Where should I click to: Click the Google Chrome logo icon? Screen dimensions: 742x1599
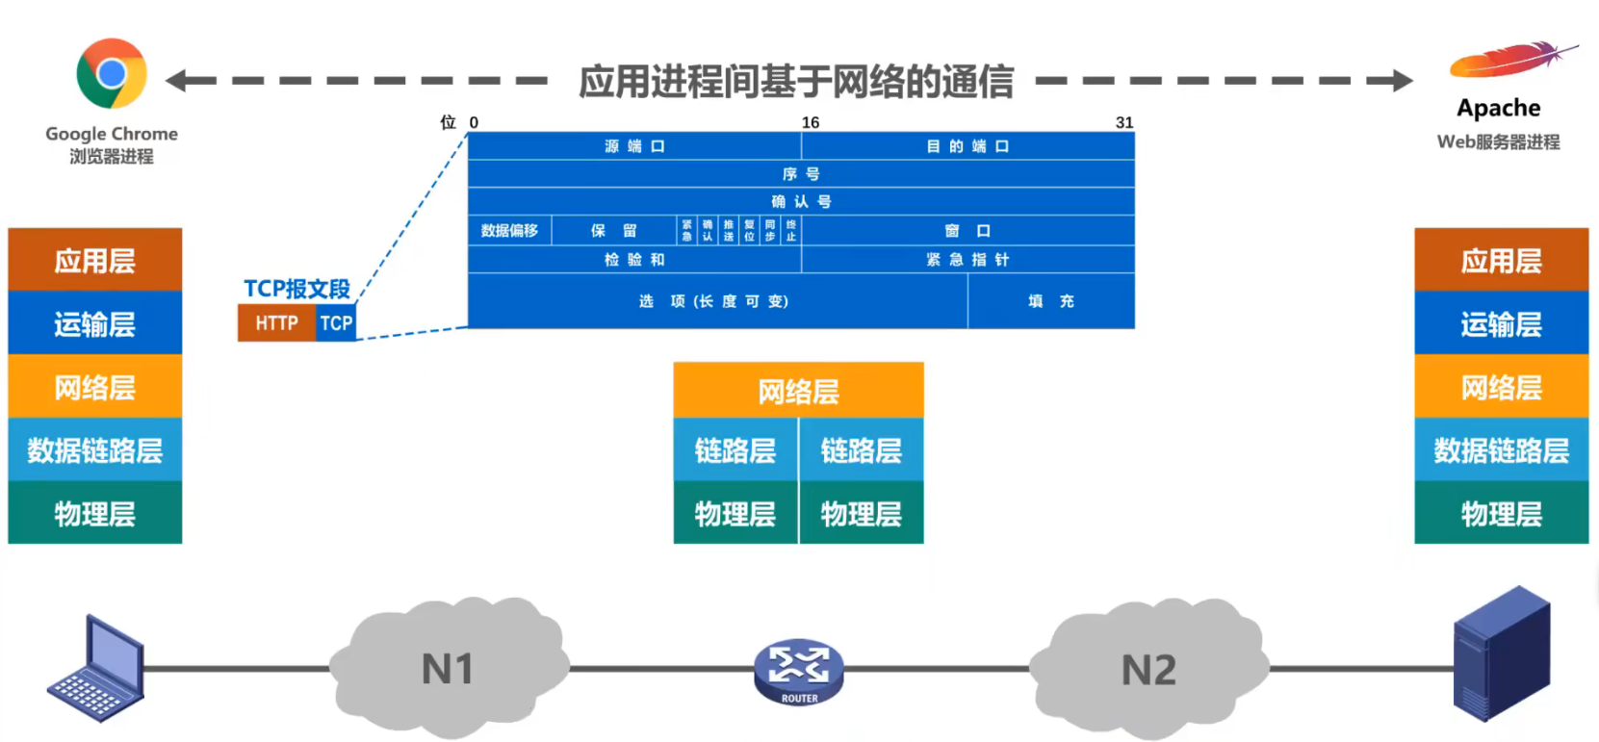(112, 73)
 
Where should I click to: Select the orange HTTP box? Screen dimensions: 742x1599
(276, 323)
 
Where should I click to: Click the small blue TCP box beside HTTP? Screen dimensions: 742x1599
(336, 323)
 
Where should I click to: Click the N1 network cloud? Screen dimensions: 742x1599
(449, 668)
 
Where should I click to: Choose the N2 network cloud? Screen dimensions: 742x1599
(1148, 669)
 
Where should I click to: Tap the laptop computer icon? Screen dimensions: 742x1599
(97, 670)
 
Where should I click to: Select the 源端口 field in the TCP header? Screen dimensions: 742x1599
(634, 146)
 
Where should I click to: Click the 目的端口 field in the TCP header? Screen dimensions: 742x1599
(967, 146)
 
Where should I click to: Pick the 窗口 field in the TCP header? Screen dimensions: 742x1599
(967, 231)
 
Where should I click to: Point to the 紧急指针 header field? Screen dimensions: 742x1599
(967, 260)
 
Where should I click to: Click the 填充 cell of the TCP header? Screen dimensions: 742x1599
(1050, 301)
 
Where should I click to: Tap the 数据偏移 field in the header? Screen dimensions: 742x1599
(509, 231)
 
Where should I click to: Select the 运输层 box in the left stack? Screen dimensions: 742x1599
(94, 324)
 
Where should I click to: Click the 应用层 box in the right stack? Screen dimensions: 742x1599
(1501, 261)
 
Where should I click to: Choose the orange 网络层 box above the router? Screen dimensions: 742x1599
(798, 392)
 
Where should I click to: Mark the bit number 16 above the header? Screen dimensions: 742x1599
(811, 122)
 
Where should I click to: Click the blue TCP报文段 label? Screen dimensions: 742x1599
(297, 289)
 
